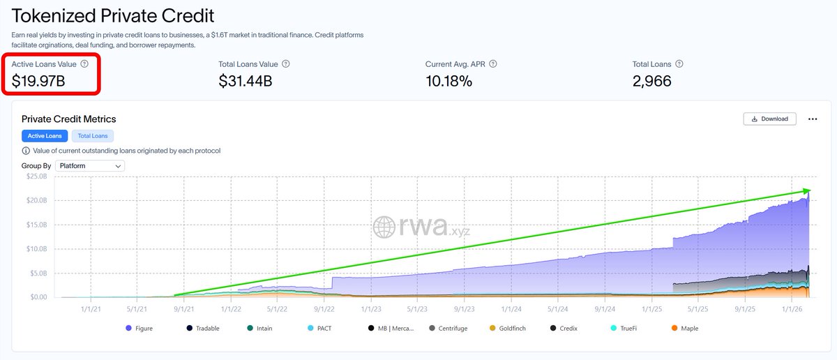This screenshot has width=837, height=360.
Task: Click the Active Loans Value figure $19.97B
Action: coord(38,81)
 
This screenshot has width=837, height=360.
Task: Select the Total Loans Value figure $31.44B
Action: coord(245,81)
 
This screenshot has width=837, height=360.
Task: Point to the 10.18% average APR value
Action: coord(448,81)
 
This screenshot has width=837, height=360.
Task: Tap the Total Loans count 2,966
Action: coord(651,81)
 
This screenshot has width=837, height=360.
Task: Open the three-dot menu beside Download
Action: coord(812,119)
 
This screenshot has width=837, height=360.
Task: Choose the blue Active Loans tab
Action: coord(45,136)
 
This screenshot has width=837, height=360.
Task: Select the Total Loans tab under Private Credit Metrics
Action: coord(93,136)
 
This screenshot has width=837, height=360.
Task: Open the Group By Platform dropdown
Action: coord(89,166)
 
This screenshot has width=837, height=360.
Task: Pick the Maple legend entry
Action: coord(684,329)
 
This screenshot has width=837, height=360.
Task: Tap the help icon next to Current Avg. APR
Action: coord(493,64)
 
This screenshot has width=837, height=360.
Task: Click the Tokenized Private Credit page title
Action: coord(113,15)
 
